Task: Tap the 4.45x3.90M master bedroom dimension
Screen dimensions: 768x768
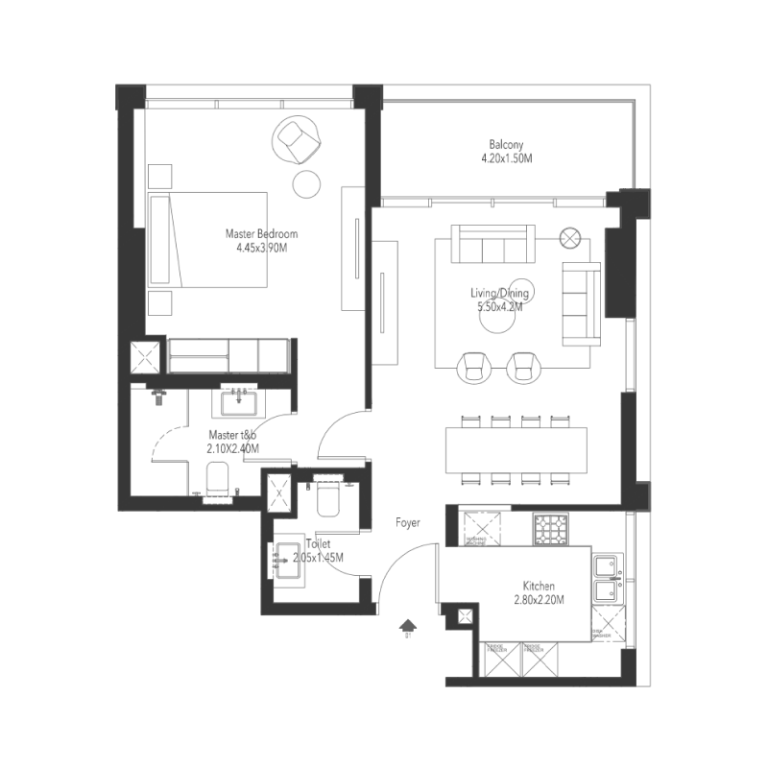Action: pos(261,248)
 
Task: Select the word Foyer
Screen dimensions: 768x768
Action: pos(409,522)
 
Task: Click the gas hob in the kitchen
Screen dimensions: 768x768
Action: pos(551,529)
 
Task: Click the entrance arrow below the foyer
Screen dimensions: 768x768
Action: pos(408,626)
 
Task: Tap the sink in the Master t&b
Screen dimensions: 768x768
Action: pos(235,401)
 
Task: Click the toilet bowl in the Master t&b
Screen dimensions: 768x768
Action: pos(218,477)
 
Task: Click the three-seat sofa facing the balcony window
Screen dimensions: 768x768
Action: pos(494,244)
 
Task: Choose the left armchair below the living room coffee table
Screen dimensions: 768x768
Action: pos(474,366)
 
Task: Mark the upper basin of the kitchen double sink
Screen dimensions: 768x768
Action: pos(607,564)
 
